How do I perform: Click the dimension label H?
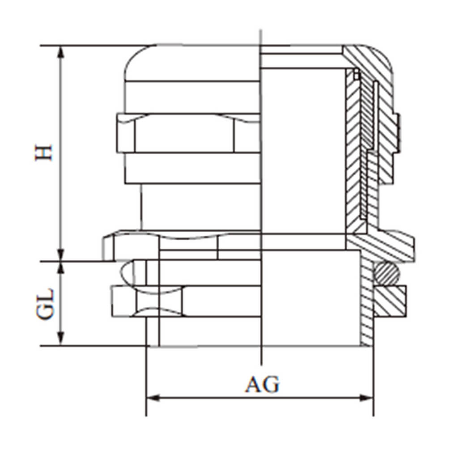click(x=44, y=153)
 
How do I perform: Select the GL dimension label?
click(x=45, y=304)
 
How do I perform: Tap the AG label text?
click(x=262, y=385)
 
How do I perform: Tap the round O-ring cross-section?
click(x=386, y=273)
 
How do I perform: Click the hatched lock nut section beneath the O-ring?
click(x=390, y=301)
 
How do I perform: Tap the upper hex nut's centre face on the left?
click(x=183, y=133)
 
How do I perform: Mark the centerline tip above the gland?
click(x=260, y=30)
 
